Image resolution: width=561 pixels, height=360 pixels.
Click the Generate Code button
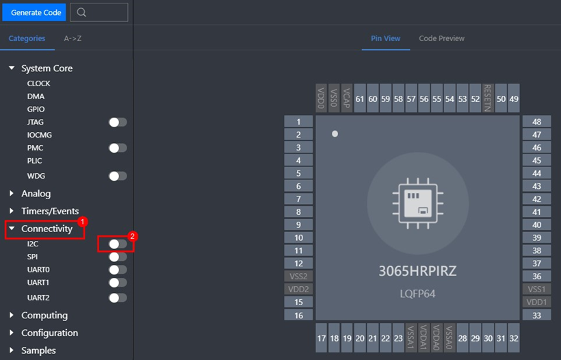[34, 12]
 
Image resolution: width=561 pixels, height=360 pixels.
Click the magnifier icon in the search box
[81, 12]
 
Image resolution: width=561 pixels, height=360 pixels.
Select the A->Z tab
[73, 38]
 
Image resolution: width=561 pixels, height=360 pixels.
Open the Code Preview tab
[441, 38]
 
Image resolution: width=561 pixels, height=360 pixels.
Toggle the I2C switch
[118, 244]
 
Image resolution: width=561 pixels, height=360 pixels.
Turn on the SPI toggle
[118, 257]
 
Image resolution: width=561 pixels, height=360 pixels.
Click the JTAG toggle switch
[118, 123]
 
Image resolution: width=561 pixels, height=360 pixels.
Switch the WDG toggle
[118, 176]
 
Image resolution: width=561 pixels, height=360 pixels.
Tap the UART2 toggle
[118, 298]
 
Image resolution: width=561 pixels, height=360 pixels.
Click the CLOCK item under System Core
[38, 83]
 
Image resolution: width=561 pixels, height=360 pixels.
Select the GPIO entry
[36, 109]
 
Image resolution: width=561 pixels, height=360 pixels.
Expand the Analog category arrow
[12, 193]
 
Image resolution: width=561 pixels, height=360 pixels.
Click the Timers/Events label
[50, 211]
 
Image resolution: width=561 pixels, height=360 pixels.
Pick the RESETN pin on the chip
[488, 98]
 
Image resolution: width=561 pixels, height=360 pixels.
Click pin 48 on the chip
[536, 122]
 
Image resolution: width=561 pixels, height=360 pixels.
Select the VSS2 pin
[298, 277]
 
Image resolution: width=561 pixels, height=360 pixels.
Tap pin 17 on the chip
[322, 338]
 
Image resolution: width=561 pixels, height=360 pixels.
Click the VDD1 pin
[536, 302]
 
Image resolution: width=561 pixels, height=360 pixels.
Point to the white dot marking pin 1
[335, 134]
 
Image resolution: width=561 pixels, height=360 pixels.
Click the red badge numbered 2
[132, 236]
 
